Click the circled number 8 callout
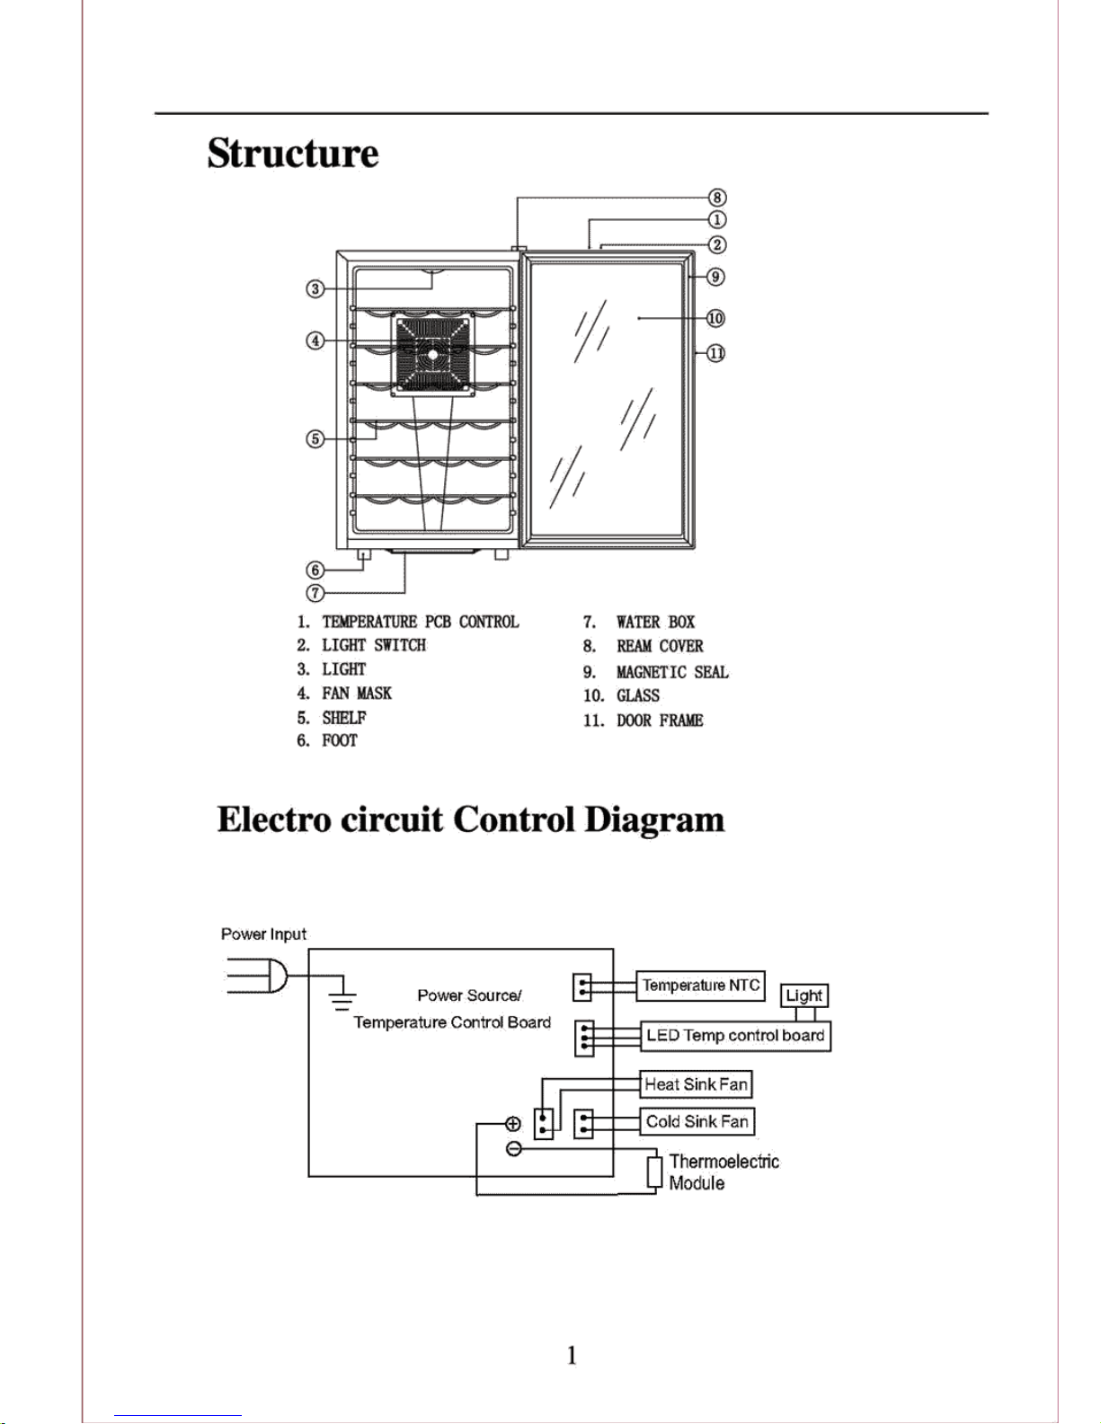click(x=717, y=198)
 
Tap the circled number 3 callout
click(x=315, y=288)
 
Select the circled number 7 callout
click(x=315, y=593)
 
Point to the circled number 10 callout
click(x=715, y=318)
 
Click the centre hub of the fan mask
click(x=433, y=354)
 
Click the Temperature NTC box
click(x=700, y=986)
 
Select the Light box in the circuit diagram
click(x=804, y=995)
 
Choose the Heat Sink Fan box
click(x=696, y=1083)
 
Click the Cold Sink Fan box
click(x=697, y=1121)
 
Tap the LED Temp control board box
click(x=735, y=1036)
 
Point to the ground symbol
click(x=342, y=1000)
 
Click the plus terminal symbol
click(x=513, y=1124)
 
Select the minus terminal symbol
click(x=514, y=1149)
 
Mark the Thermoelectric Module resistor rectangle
click(x=654, y=1172)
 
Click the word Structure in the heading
click(x=293, y=154)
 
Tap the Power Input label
click(x=263, y=934)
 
